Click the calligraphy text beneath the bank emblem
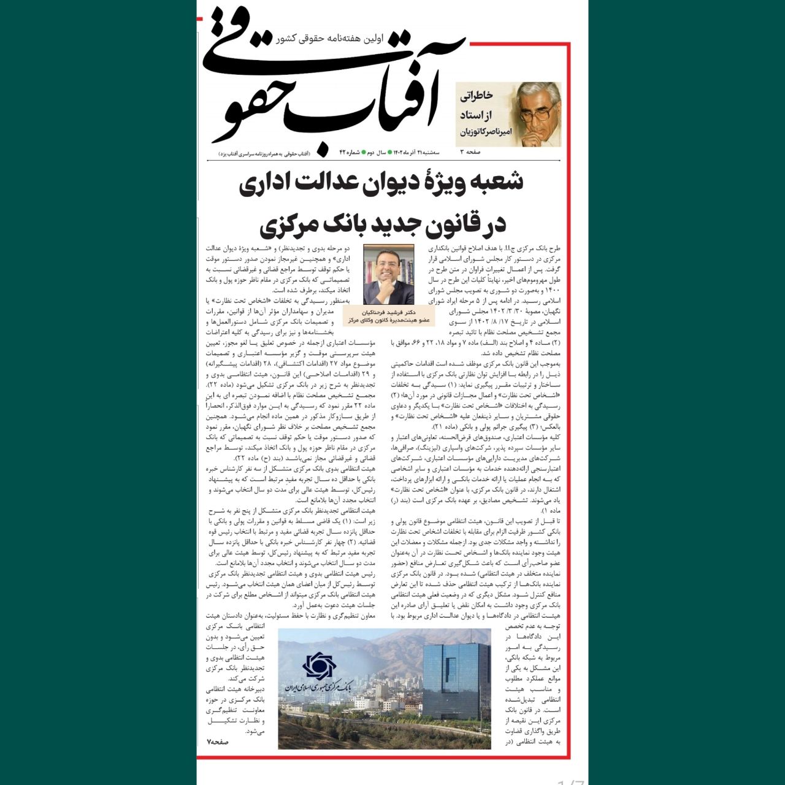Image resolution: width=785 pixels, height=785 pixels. point(319,687)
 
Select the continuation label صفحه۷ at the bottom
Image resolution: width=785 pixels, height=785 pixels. point(218,741)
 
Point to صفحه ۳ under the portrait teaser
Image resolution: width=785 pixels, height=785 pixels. point(470,151)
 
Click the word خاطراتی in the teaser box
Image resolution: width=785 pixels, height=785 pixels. point(477,96)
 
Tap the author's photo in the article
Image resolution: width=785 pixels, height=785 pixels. point(389,274)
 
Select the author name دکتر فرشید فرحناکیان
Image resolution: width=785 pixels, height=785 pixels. point(389,312)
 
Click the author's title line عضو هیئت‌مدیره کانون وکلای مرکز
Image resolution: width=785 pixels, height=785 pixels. point(389,320)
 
